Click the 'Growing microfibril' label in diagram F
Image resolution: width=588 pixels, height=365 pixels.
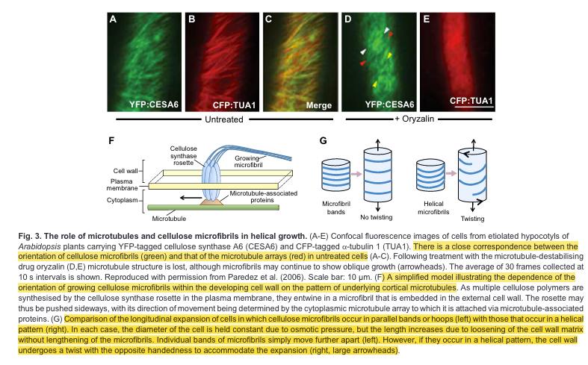(x=254, y=161)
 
